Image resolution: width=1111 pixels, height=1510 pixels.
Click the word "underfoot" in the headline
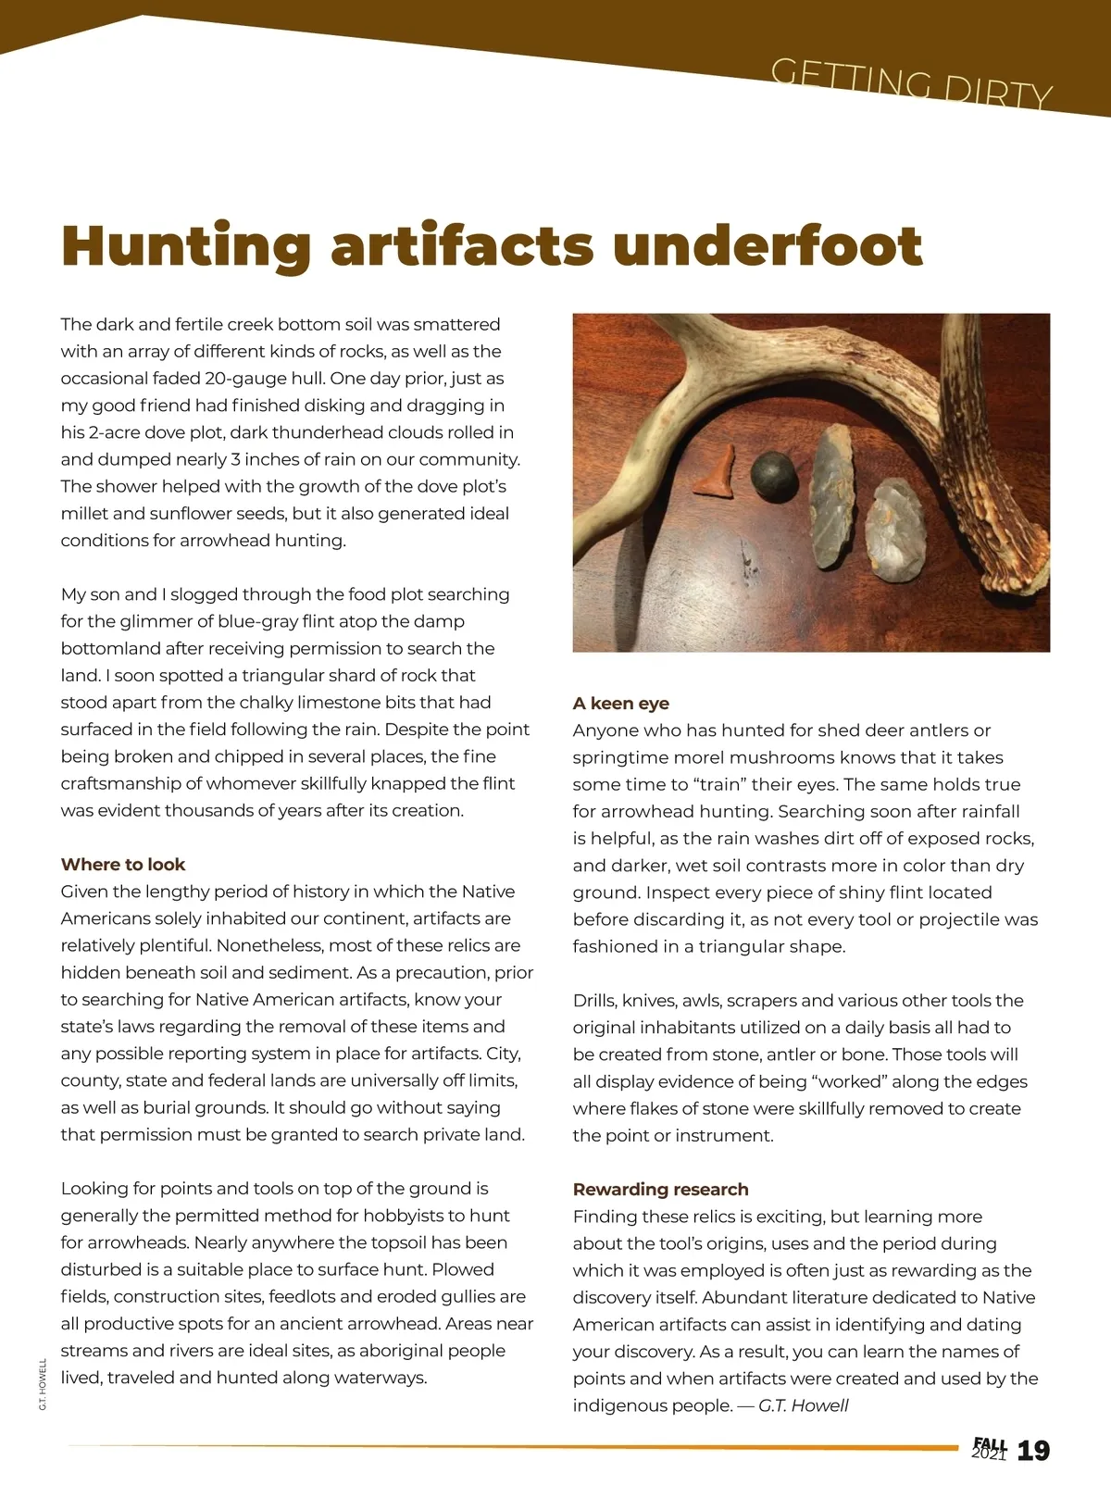768,245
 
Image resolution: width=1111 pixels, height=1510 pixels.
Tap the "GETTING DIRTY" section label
911,83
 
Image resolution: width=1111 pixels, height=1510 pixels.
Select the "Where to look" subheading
123,864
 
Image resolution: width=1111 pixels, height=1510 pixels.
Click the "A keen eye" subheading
620,703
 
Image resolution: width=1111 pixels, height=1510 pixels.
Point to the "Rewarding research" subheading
660,1189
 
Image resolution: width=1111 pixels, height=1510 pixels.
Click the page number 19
1033,1451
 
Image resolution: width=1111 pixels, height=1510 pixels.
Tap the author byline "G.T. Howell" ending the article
803,1405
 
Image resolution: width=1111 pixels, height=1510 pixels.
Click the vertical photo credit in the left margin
43,1384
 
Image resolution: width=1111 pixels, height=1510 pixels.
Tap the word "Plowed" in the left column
463,1269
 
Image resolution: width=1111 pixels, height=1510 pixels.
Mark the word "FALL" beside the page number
989,1445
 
